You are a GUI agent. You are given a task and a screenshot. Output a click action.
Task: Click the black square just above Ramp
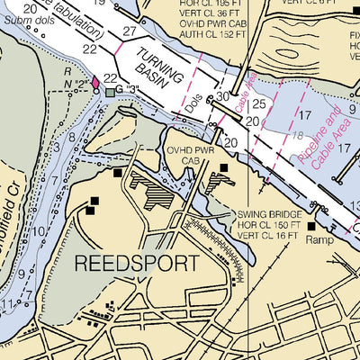click(x=312, y=227)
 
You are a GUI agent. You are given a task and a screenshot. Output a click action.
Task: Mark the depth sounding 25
click(x=259, y=104)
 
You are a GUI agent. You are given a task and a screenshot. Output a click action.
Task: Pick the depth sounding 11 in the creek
click(x=7, y=307)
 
